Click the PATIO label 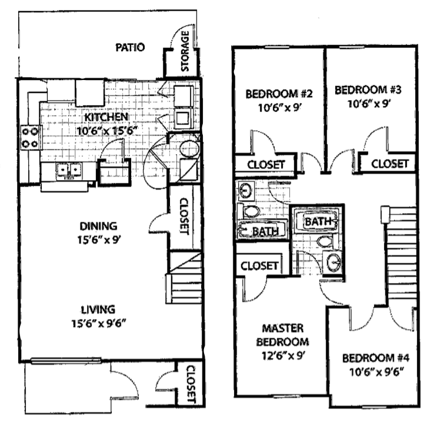click(x=130, y=47)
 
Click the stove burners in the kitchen click(x=30, y=137)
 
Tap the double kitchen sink click(x=68, y=171)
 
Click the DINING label click(x=98, y=225)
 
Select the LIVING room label click(x=98, y=308)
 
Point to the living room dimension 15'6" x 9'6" click(x=98, y=323)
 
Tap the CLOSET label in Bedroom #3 click(x=390, y=164)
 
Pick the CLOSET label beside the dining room click(x=182, y=215)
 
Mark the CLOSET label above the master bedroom click(x=259, y=265)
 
